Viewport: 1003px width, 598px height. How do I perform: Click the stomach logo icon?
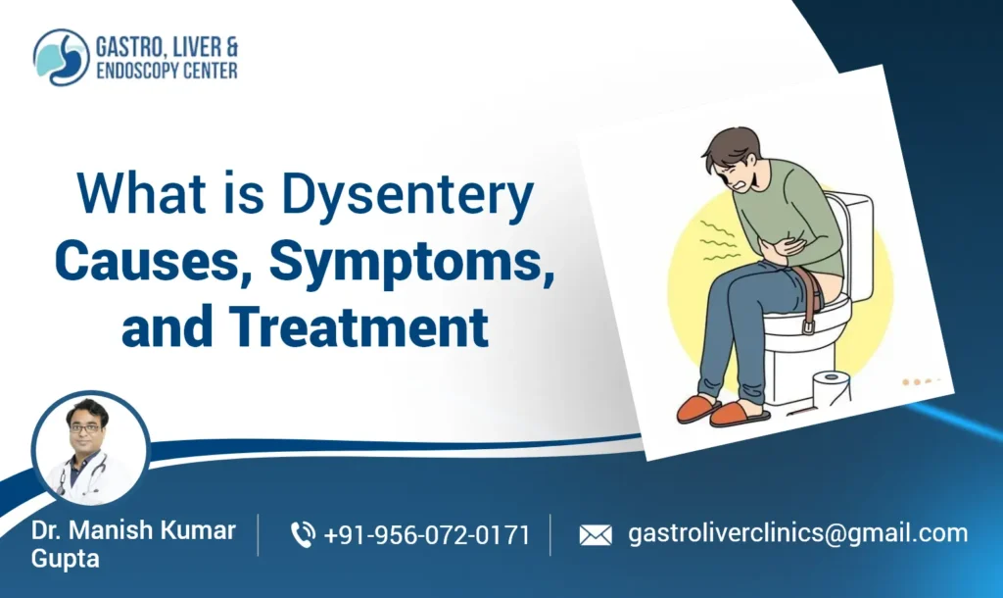61,57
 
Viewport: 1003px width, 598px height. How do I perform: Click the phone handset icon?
303,535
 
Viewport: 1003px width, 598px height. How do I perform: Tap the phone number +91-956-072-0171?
426,535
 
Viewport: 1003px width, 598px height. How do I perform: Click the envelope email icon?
595,535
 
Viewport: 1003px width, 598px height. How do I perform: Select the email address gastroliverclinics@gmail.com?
797,534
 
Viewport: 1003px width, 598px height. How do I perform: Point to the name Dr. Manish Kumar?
133,530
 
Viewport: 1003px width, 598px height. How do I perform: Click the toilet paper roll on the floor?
831,388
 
